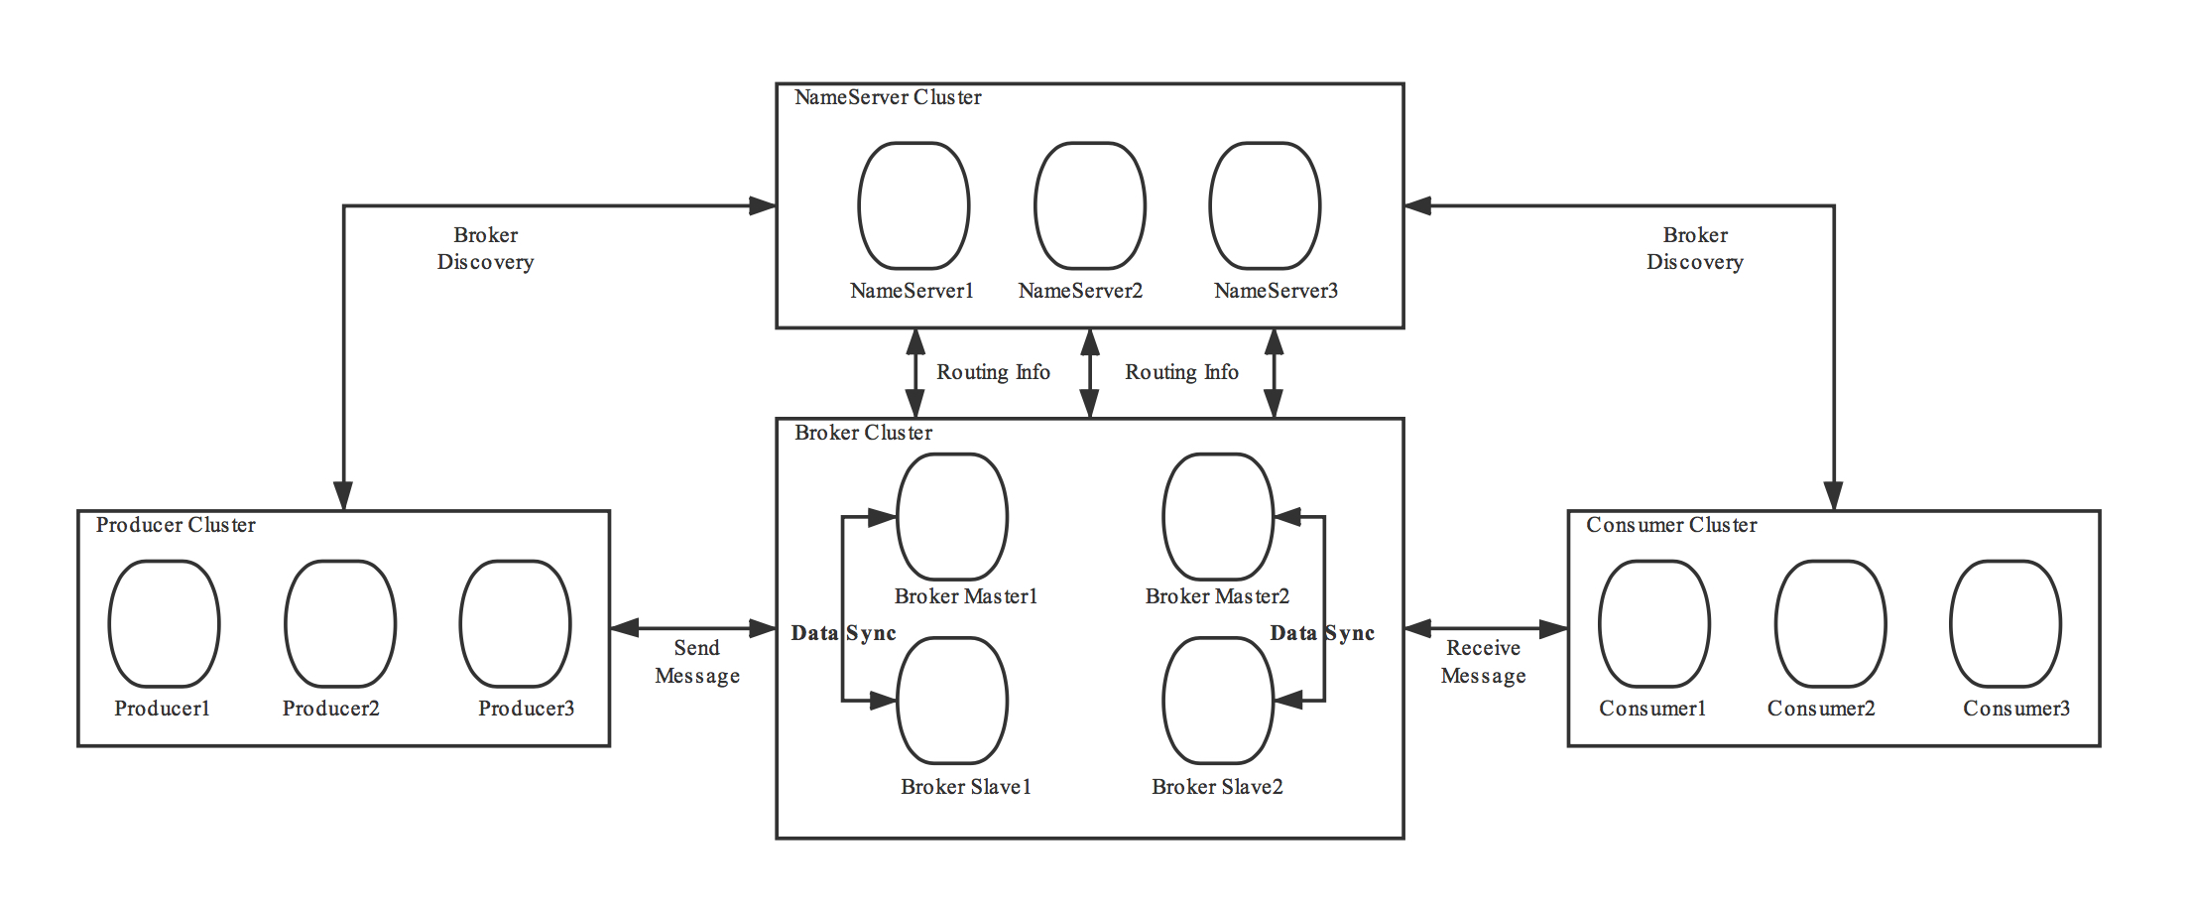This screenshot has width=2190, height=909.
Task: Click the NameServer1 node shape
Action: (912, 205)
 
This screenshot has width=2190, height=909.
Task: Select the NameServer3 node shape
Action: (1265, 205)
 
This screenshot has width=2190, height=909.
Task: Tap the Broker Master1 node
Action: (952, 516)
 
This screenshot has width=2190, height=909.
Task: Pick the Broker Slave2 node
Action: (1218, 701)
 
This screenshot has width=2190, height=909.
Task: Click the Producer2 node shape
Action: (340, 623)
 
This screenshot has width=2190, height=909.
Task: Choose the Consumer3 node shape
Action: (2006, 623)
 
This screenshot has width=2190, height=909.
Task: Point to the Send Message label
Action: (697, 662)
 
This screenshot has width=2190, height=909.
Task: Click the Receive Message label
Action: (1483, 662)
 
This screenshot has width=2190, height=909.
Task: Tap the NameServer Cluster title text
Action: (888, 97)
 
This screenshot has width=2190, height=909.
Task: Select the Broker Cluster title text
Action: (863, 433)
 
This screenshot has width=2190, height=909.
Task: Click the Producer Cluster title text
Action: (176, 525)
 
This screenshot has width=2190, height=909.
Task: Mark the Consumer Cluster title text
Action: (1671, 525)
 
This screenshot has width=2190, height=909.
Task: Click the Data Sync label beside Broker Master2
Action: (1322, 633)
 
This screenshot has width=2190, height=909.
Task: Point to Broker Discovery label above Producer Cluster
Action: (485, 248)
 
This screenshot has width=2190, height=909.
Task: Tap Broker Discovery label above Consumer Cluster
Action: (1695, 248)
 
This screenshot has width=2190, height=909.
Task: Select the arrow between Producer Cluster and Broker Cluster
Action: (692, 627)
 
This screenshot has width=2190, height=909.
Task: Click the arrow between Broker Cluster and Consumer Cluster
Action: (1485, 627)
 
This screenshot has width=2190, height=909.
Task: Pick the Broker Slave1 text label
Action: (966, 787)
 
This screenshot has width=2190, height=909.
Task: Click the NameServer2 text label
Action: (1080, 291)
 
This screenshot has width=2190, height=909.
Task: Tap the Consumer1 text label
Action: (1652, 709)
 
